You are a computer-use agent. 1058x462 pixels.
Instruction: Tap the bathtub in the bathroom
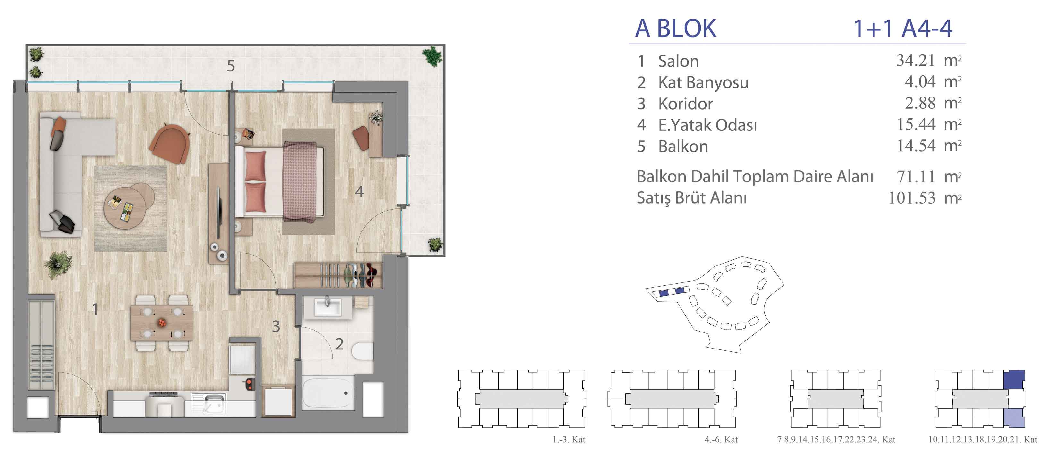tap(328, 393)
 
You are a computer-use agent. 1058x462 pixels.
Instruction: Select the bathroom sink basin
tap(327, 307)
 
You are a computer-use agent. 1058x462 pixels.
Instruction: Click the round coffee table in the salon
tap(125, 207)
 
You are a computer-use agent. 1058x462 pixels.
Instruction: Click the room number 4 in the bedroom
tap(360, 191)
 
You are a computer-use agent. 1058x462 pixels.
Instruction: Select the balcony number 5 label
tap(231, 66)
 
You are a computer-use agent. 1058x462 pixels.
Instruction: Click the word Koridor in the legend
tap(685, 104)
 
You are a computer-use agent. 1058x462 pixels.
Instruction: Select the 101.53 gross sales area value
tap(912, 198)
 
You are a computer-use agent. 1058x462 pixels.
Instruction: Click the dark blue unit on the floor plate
tap(1014, 380)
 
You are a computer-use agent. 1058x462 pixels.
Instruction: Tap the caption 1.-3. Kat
tap(569, 440)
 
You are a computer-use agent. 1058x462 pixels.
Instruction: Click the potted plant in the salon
tap(59, 265)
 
